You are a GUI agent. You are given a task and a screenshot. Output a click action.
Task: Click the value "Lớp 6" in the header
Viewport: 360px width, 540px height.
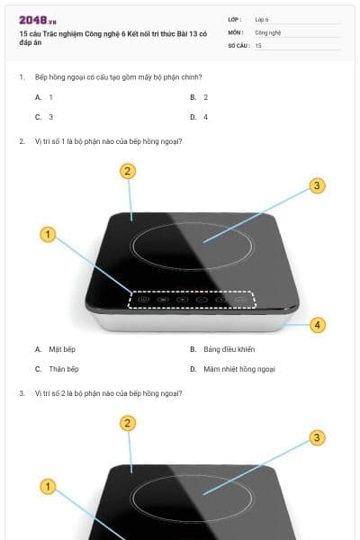262,18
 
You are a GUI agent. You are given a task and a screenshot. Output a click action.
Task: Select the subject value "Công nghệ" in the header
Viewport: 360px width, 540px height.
268,31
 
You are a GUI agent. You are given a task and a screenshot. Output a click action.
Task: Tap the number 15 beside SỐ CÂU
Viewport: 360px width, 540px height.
258,44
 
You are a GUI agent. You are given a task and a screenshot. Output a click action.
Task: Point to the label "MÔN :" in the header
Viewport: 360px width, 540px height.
235,31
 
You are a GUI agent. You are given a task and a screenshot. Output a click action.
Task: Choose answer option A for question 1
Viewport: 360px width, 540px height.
45,96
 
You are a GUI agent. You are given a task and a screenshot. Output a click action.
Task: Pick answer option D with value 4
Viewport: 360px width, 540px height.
200,117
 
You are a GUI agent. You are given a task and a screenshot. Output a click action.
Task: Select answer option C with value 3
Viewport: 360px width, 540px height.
45,117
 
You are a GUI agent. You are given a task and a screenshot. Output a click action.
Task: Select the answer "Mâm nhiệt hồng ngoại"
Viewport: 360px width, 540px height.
238,369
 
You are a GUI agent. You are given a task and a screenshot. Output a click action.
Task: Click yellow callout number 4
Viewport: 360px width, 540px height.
317,325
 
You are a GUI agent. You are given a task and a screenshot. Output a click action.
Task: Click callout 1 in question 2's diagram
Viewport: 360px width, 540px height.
49,235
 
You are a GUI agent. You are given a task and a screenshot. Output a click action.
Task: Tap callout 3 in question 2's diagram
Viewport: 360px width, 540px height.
316,185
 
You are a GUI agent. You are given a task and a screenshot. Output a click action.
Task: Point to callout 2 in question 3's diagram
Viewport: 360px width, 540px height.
128,423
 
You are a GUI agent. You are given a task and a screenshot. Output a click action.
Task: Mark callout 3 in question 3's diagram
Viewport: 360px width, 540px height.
316,438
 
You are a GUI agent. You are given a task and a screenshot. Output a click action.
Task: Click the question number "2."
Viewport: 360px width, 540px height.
22,140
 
